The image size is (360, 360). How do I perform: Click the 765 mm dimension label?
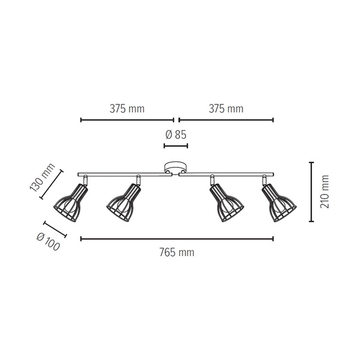click(177, 253)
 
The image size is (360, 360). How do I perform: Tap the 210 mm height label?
click(325, 191)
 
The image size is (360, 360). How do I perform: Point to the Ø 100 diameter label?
click(48, 241)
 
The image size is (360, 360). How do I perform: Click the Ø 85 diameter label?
click(176, 133)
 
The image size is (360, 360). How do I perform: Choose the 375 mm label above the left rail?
click(127, 109)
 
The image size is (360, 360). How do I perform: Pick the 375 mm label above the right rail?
click(226, 109)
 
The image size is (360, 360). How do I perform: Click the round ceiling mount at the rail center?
click(176, 168)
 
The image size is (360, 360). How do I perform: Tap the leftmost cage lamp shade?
click(71, 204)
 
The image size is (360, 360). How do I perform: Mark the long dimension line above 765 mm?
click(177, 239)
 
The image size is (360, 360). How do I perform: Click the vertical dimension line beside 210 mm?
click(311, 191)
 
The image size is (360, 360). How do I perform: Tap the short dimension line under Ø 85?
click(176, 146)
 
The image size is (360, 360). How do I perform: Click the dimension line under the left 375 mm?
click(127, 120)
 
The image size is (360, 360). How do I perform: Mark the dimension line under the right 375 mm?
click(226, 120)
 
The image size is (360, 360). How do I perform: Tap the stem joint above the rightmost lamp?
click(264, 179)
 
